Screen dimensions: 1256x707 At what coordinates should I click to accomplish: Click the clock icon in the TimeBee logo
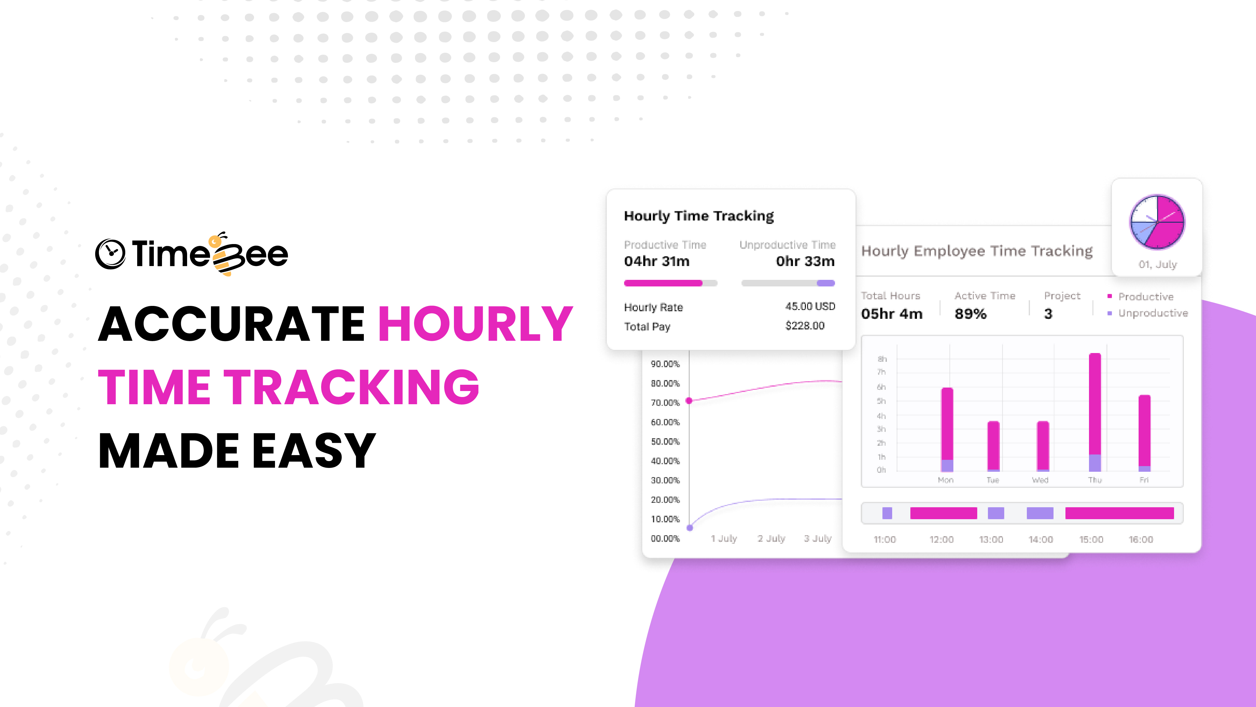click(x=110, y=254)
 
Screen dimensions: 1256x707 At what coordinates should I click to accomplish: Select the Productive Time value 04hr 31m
click(x=656, y=262)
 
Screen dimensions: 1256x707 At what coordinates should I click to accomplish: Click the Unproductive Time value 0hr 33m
click(x=805, y=262)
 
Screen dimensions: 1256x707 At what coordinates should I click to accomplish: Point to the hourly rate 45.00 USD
click(x=810, y=307)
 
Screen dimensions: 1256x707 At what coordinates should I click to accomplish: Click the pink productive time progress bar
click(x=663, y=283)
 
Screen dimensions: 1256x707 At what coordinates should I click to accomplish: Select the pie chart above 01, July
click(x=1157, y=222)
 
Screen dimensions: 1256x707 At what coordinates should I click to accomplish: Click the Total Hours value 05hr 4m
click(x=892, y=314)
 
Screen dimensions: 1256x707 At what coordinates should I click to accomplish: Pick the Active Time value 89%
click(x=970, y=314)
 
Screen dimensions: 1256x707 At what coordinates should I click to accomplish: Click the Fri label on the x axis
click(x=1144, y=480)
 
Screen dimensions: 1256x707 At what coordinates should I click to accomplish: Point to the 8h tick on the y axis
click(x=882, y=359)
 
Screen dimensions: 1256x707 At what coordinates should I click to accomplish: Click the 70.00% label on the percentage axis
click(x=665, y=403)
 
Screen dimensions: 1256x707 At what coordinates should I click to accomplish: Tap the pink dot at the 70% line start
click(x=689, y=400)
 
